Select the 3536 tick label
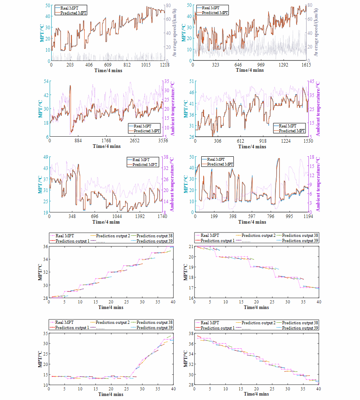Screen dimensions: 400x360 tap(162, 141)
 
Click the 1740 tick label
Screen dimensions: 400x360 tap(162, 216)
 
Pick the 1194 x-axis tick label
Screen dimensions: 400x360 tap(306, 216)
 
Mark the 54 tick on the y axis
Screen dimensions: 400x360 tap(46, 81)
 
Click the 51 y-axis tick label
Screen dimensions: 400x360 tap(191, 81)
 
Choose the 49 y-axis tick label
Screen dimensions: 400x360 tap(46, 157)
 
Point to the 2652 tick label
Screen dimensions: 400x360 tap(134, 141)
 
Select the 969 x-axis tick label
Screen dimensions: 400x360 tap(261, 65)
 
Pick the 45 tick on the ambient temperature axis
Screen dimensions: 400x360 tap(311, 81)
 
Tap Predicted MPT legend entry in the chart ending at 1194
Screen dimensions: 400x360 tap(218, 164)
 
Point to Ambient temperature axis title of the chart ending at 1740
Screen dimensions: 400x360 tap(173, 184)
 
